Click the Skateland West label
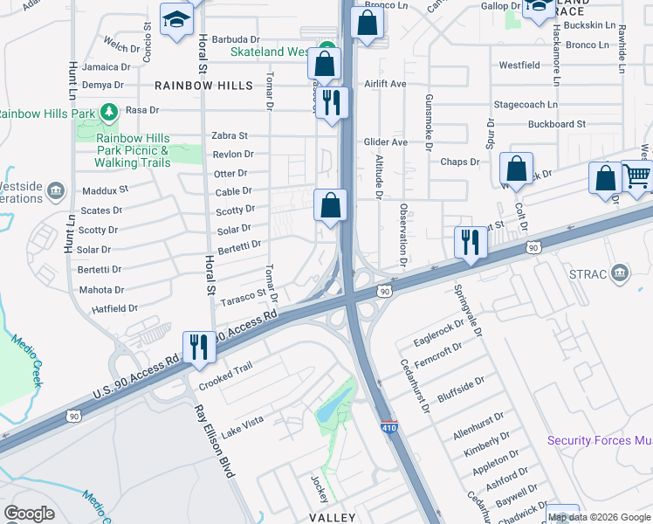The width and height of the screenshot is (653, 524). (270, 52)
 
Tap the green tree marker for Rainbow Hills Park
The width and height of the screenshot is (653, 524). (109, 112)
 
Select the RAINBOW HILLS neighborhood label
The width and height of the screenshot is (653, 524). (203, 86)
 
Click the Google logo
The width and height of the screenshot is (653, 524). (29, 513)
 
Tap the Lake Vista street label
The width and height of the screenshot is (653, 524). (242, 425)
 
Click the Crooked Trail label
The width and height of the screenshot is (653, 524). (225, 376)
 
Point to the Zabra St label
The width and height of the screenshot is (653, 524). (230, 136)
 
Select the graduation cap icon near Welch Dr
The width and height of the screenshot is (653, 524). (176, 19)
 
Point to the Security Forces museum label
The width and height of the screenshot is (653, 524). (600, 440)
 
